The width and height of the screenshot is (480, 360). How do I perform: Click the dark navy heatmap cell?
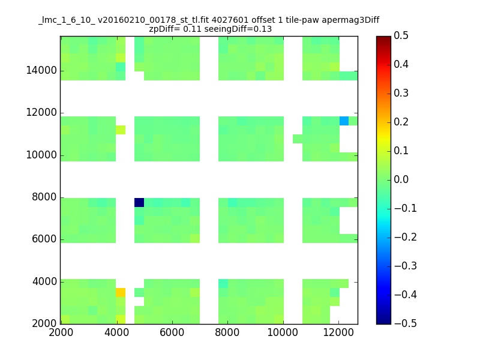click(x=139, y=202)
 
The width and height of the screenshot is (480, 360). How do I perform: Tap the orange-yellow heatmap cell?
click(x=121, y=292)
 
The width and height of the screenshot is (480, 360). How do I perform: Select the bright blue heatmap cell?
click(x=344, y=121)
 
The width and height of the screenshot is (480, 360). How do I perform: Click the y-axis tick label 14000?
click(x=41, y=70)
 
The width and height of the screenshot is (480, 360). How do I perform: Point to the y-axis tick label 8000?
click(x=44, y=197)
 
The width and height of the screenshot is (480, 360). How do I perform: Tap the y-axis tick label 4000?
click(x=44, y=281)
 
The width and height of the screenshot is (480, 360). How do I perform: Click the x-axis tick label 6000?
click(x=172, y=332)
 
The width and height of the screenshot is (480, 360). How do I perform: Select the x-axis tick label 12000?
click(x=338, y=332)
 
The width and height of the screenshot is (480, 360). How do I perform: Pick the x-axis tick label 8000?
click(x=227, y=332)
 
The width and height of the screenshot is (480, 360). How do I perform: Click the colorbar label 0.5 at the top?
click(x=401, y=35)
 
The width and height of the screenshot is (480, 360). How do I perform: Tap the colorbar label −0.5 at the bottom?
click(x=406, y=323)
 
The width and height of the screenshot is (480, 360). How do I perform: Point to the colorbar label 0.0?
click(x=401, y=179)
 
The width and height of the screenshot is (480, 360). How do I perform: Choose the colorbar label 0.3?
click(x=401, y=93)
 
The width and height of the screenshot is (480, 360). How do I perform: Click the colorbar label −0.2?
click(x=406, y=237)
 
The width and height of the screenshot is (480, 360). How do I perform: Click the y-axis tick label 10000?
click(x=41, y=155)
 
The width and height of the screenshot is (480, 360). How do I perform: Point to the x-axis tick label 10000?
click(x=283, y=332)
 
